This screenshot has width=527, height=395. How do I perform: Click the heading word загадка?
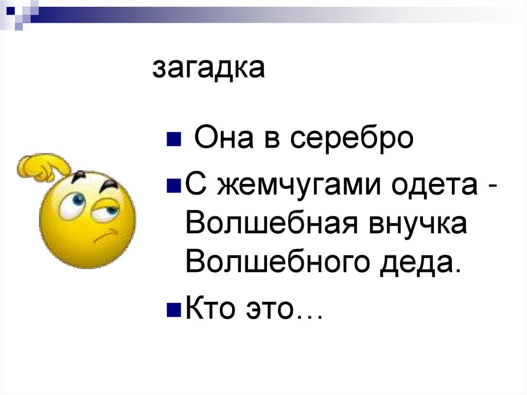coord(208,69)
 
